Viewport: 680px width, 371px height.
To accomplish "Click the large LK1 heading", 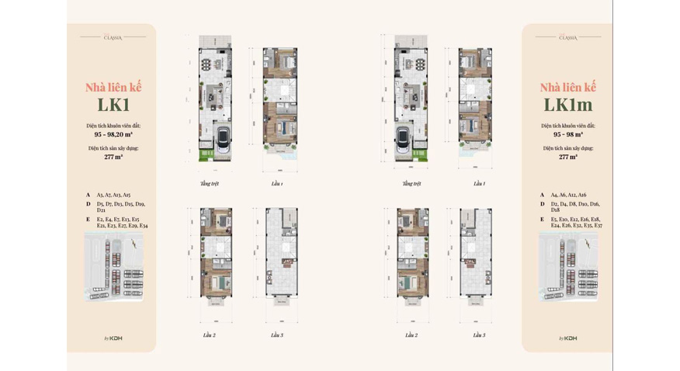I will pos(113,106).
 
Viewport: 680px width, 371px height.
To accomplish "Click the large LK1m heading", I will pos(567,106).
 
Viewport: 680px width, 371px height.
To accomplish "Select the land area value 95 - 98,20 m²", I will pos(113,134).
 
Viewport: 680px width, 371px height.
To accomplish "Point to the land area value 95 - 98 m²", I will pos(567,134).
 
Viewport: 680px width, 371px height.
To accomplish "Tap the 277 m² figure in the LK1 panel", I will pos(113,157).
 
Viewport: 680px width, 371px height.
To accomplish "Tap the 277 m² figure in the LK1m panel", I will pos(567,157).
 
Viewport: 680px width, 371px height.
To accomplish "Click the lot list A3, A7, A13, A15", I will pos(113,195).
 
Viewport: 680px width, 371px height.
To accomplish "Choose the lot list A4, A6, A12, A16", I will pos(568,195).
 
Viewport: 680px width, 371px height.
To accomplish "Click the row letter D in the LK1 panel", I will pos(88,204).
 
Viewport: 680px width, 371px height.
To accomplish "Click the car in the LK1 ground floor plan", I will pos(222,140).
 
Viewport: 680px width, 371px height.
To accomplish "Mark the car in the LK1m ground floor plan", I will pos(404,140).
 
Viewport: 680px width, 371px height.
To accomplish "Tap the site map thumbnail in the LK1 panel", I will pos(113,266).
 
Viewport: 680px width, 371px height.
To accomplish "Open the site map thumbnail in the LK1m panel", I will pos(567,266).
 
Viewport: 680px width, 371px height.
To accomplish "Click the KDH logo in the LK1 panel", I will pos(113,338).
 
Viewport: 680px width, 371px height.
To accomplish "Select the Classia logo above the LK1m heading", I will pos(567,37).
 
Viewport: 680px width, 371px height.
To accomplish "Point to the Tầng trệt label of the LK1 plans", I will pos(209,184).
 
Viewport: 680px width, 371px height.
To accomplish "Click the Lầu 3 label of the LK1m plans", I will pos(479,335).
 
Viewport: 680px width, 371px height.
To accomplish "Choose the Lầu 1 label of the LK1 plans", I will pos(276,184).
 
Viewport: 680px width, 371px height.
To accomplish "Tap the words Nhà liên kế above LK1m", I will pos(567,87).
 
